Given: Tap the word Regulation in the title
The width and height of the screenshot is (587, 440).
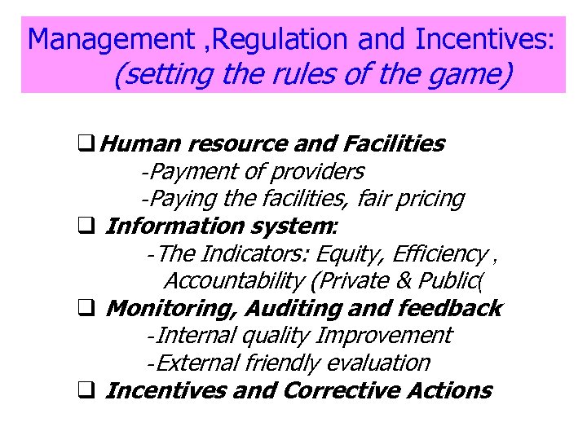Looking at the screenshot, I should (x=261, y=38).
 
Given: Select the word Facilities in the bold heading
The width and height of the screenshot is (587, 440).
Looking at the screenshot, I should (x=395, y=144).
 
